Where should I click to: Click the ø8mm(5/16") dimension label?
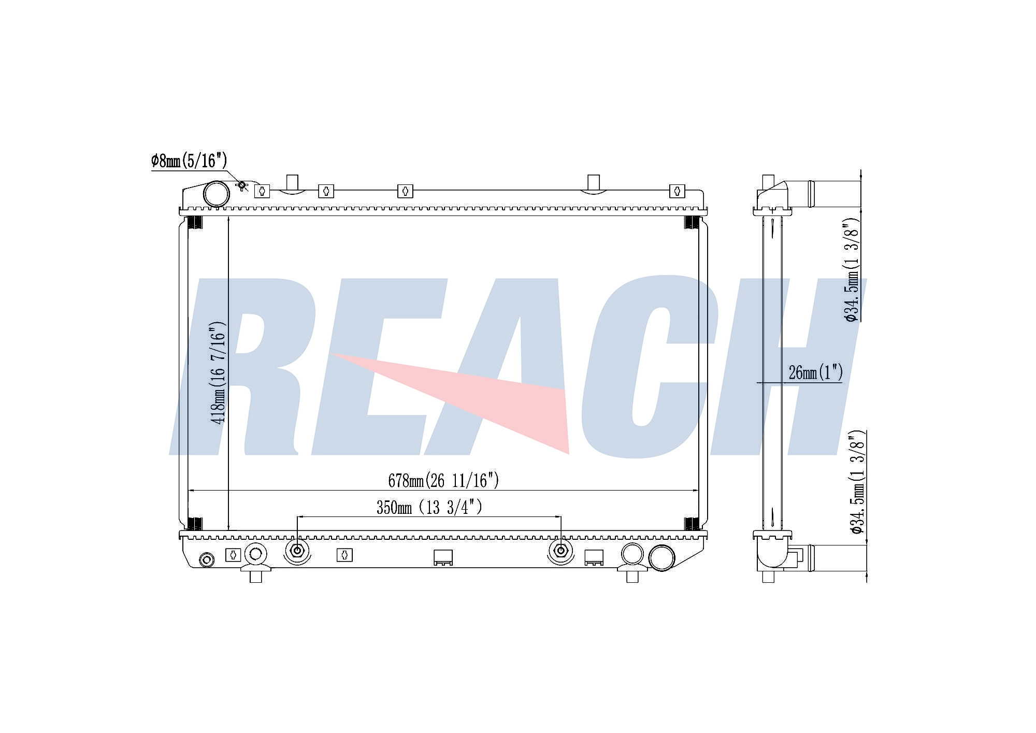tap(189, 161)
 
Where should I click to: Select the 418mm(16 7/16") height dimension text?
tap(218, 373)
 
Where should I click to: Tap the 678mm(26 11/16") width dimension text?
tap(443, 481)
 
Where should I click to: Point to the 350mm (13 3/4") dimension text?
tap(429, 507)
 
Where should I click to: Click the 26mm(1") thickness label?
tap(815, 372)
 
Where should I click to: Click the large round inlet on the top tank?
tap(216, 194)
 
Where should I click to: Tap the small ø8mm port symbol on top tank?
tap(241, 185)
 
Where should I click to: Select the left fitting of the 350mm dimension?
tap(297, 551)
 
